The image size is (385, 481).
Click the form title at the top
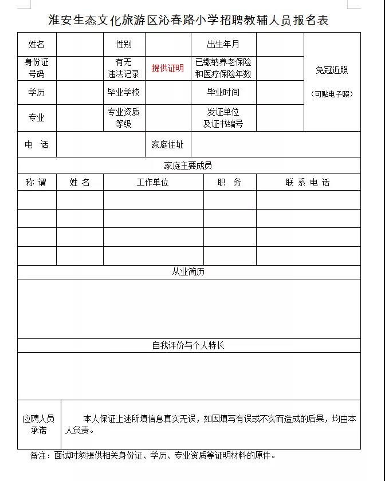tap(188, 20)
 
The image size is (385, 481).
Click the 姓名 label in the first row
tap(36, 44)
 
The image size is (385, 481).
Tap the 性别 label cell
tap(123, 44)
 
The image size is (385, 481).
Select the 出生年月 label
tap(223, 44)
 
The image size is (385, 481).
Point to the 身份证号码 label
tap(36, 68)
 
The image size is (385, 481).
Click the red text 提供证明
tap(167, 68)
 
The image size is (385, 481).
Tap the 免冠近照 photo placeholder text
tap(332, 70)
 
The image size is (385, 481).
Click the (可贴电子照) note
tap(332, 94)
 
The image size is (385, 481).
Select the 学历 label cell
tap(36, 92)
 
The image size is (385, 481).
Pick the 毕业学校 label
tap(123, 92)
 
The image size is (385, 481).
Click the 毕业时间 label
tap(223, 92)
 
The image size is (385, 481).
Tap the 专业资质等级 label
tap(123, 117)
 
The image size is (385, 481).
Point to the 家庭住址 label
tap(167, 145)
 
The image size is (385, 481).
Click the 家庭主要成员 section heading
tap(188, 165)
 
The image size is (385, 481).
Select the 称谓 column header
tap(36, 183)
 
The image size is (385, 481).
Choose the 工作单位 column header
tap(152, 183)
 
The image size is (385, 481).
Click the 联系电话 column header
tap(308, 183)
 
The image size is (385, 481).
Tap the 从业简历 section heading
tap(188, 272)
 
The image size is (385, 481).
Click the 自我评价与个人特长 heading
tap(188, 346)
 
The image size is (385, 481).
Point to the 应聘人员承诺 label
tap(38, 424)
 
